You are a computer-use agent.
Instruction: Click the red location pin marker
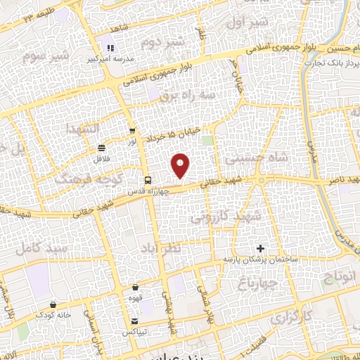point(181,166)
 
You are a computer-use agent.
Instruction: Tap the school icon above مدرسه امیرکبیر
point(110,48)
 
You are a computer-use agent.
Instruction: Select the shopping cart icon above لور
point(133,131)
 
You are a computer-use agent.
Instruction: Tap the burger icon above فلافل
point(103,148)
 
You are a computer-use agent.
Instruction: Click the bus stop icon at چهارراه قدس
point(147,179)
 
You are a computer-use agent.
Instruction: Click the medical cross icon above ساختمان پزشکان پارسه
point(260,248)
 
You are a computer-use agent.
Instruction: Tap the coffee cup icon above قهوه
point(136,288)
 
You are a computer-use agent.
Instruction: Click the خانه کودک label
point(55,315)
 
